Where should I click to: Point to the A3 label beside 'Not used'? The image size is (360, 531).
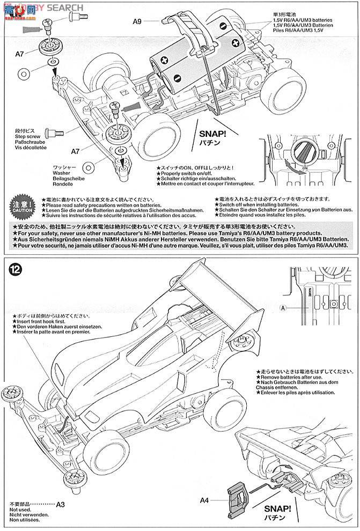[60, 504]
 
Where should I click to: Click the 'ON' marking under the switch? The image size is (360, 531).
[304, 167]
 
